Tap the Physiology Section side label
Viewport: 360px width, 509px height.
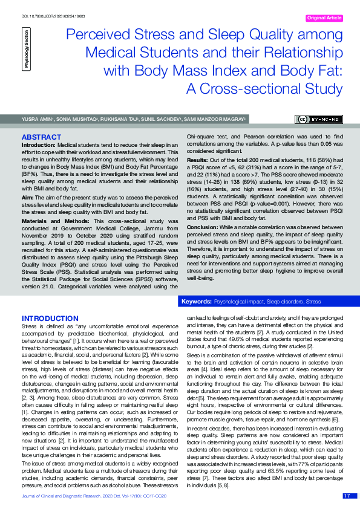point(25,51)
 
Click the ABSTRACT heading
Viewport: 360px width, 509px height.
point(41,137)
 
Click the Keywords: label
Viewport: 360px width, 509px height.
point(196,300)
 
